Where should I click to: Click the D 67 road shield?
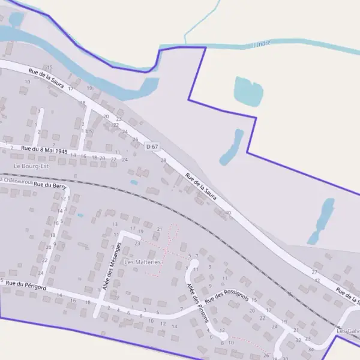click(x=152, y=146)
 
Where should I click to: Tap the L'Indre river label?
click(x=263, y=44)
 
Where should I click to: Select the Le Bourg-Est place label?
click(x=31, y=166)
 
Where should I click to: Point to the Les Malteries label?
click(x=143, y=262)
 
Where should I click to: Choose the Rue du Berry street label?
click(x=50, y=186)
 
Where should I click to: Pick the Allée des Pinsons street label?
click(x=196, y=302)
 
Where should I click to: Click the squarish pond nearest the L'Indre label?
click(x=248, y=91)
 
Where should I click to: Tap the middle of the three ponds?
click(x=232, y=148)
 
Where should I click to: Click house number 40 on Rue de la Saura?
click(x=228, y=213)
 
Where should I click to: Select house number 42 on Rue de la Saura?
click(x=317, y=280)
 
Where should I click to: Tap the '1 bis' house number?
click(x=86, y=131)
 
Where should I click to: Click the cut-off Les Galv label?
click(x=348, y=331)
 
